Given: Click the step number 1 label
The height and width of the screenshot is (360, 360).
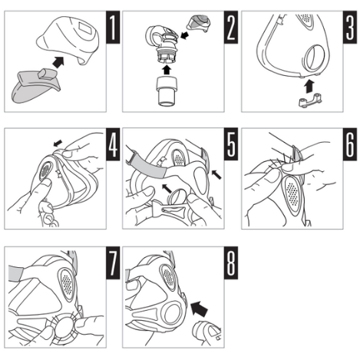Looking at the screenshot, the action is pyautogui.click(x=113, y=27).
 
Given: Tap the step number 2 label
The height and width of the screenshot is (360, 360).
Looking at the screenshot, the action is pyautogui.click(x=231, y=27).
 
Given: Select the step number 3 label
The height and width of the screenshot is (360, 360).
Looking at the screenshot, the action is pyautogui.click(x=350, y=27).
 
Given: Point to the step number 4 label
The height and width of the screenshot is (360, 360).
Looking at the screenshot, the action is pyautogui.click(x=113, y=144).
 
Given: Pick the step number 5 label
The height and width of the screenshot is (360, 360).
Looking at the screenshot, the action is pyautogui.click(x=231, y=144).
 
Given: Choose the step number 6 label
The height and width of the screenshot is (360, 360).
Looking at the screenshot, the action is pyautogui.click(x=350, y=144).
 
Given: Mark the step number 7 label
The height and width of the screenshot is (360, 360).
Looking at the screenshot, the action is pyautogui.click(x=113, y=263).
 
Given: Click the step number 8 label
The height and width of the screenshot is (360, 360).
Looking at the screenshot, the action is pyautogui.click(x=231, y=263).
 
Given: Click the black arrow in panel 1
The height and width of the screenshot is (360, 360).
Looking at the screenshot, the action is pyautogui.click(x=58, y=62).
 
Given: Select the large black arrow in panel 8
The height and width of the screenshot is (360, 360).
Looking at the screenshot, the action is pyautogui.click(x=199, y=309).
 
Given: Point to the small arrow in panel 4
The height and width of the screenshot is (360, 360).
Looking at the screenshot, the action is pyautogui.click(x=58, y=144).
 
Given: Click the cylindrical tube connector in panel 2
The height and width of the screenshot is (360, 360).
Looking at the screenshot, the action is pyautogui.click(x=167, y=91).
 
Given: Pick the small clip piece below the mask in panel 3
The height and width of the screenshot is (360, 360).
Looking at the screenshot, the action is pyautogui.click(x=310, y=101).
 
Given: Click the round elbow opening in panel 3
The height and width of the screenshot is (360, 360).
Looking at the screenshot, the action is pyautogui.click(x=314, y=58).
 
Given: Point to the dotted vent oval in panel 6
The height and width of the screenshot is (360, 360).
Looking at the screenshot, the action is pyautogui.click(x=292, y=193).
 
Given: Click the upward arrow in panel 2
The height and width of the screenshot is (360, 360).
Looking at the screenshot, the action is pyautogui.click(x=167, y=70).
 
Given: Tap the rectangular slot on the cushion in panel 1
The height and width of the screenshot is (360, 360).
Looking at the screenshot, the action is pyautogui.click(x=86, y=28).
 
